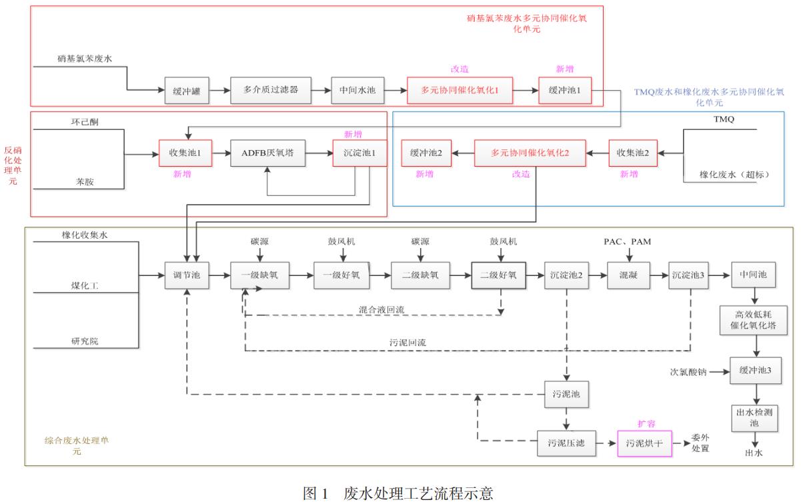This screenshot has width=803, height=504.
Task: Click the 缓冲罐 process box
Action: [x=187, y=91]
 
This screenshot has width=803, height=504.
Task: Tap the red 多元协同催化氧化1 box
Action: [x=460, y=91]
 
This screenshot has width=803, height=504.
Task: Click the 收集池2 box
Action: [x=633, y=153]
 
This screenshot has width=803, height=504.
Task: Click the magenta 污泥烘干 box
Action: [x=644, y=442]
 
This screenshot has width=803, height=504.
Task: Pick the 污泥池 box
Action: [x=567, y=393]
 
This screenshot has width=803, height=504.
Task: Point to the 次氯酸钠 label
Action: [x=687, y=371]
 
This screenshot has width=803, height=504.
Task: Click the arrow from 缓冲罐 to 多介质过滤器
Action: [x=220, y=91]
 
